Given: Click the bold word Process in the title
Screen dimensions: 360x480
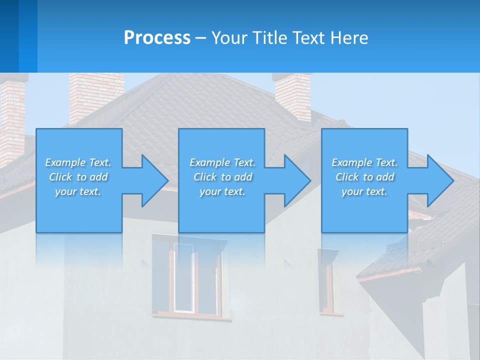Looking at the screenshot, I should click(157, 38).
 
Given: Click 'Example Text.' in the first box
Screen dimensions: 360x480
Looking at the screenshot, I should click(78, 162).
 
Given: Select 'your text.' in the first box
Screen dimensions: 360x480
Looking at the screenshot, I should click(78, 191).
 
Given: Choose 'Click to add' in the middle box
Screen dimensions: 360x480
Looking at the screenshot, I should click(222, 177).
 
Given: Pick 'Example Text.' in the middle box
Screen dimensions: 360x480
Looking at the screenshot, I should click(222, 162).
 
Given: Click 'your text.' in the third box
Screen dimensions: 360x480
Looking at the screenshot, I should click(364, 191).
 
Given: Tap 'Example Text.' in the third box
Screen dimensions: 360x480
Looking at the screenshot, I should click(364, 162).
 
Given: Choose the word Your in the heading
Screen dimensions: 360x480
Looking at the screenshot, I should click(230, 38).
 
